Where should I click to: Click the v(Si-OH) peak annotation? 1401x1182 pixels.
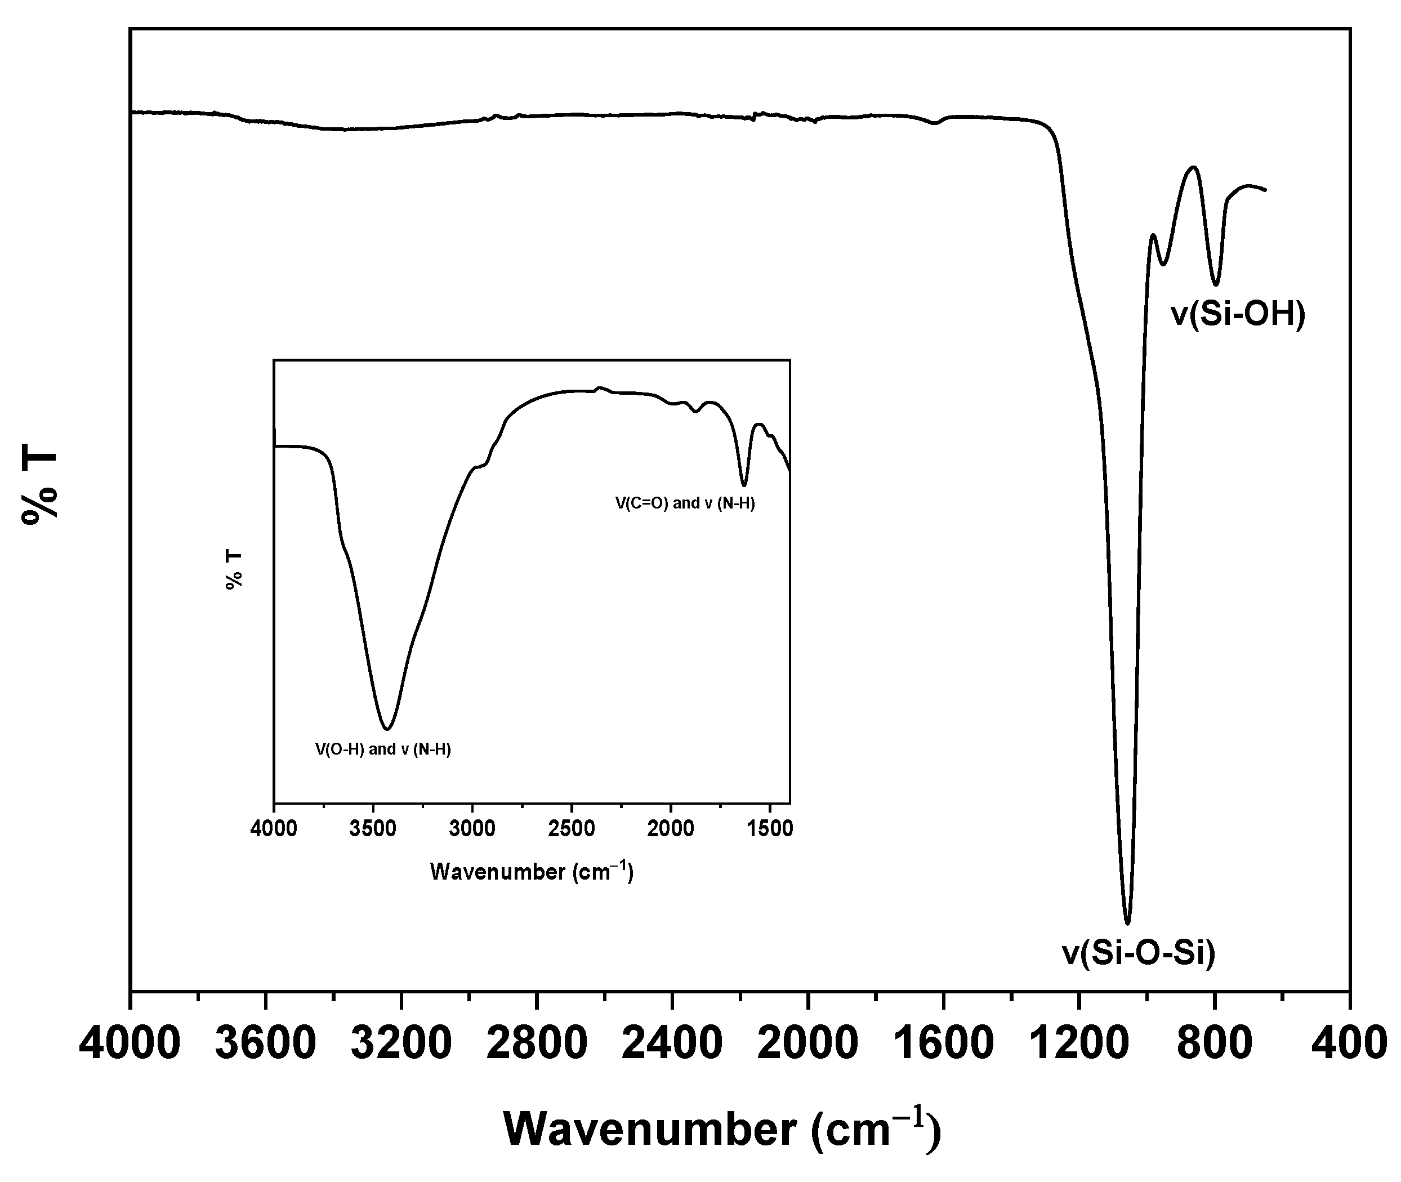click(1238, 314)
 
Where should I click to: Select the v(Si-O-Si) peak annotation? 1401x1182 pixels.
click(1139, 953)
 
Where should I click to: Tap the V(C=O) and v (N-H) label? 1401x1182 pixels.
click(685, 503)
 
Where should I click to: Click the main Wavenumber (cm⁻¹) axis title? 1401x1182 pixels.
click(722, 1130)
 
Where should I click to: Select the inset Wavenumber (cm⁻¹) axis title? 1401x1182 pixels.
click(532, 872)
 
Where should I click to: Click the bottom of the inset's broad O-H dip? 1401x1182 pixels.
click(387, 729)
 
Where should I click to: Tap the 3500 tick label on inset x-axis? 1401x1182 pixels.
click(373, 829)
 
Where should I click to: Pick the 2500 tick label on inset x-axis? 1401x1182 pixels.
click(572, 829)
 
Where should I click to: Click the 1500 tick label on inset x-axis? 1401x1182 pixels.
click(769, 829)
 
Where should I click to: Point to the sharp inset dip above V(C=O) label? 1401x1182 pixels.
click(744, 484)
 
